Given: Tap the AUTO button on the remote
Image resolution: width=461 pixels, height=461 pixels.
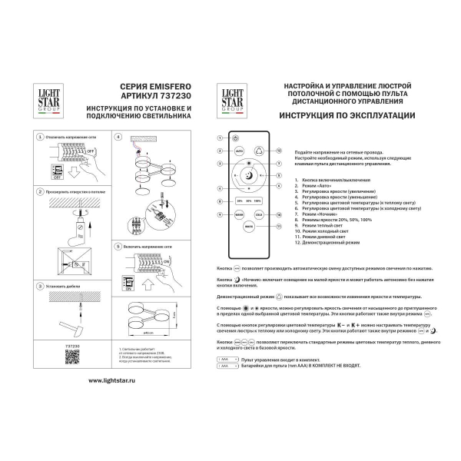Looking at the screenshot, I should [x=238, y=151].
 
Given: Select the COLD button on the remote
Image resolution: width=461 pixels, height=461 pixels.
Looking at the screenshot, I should [x=259, y=214].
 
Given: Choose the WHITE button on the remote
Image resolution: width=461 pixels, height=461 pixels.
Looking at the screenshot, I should [x=248, y=227].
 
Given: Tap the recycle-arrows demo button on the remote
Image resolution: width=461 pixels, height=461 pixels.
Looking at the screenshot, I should [x=259, y=151].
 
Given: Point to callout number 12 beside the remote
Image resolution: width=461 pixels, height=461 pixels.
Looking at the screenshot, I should [x=280, y=151].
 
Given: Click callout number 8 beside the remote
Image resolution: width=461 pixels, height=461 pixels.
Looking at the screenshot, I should [x=220, y=201].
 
